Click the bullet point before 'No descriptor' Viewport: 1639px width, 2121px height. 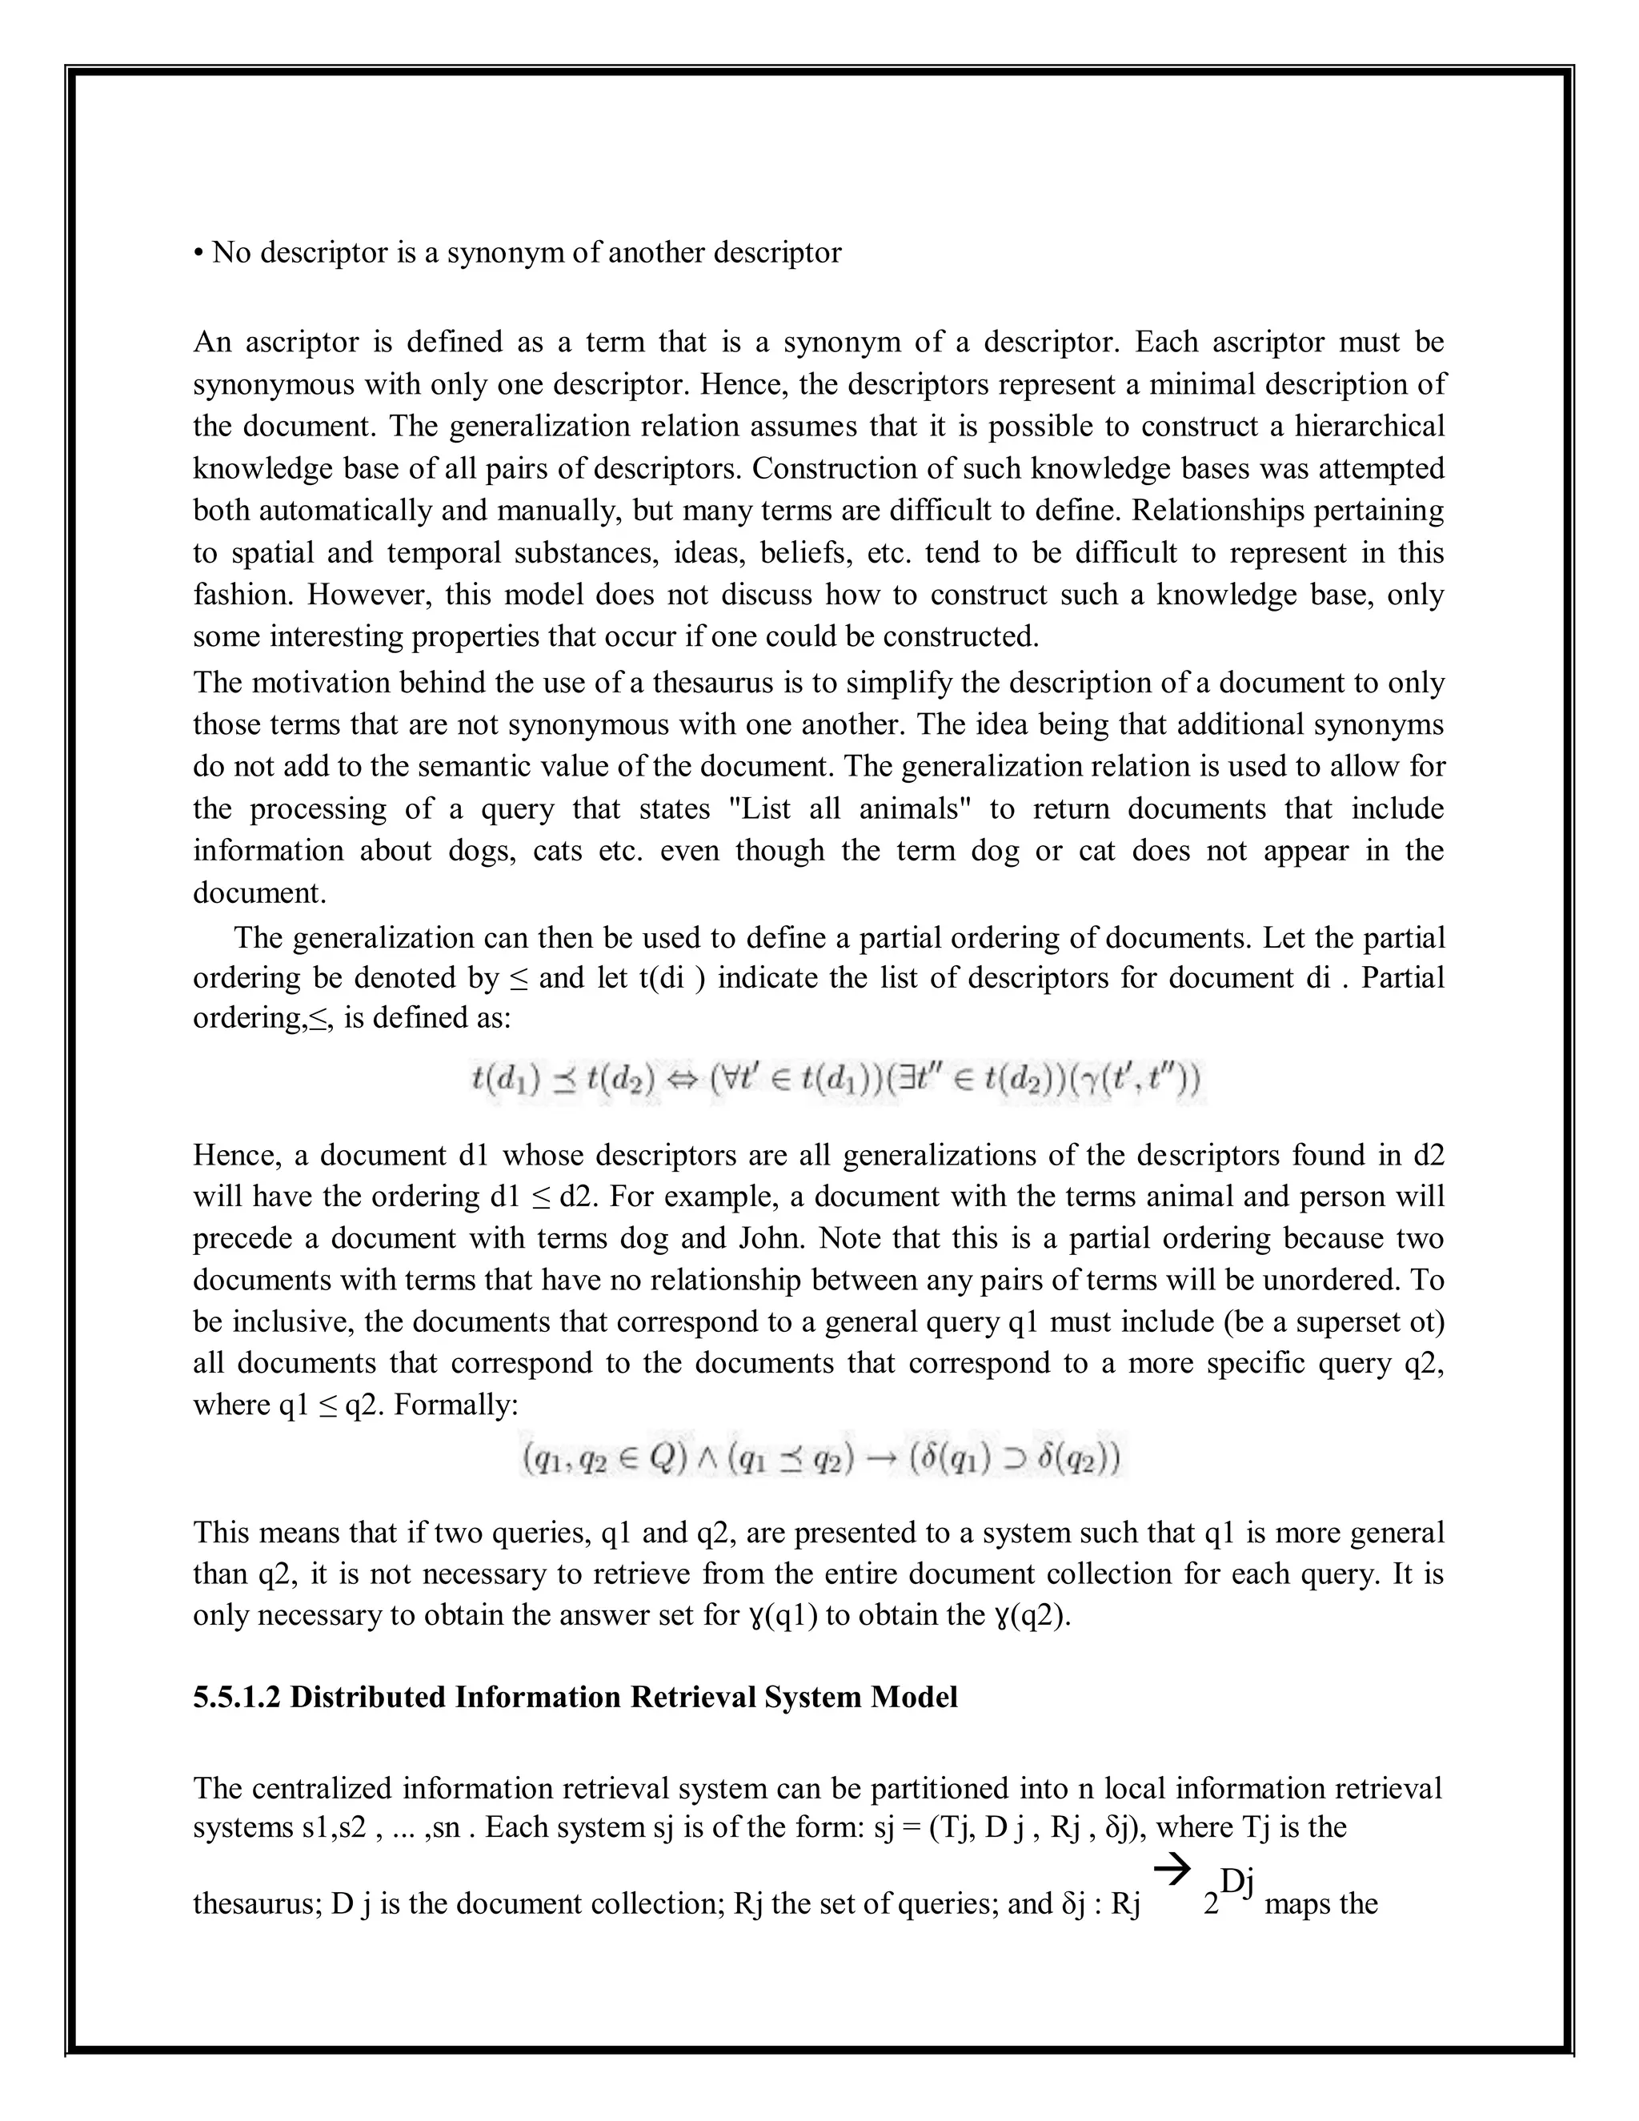point(198,255)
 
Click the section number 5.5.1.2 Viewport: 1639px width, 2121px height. point(236,1697)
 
